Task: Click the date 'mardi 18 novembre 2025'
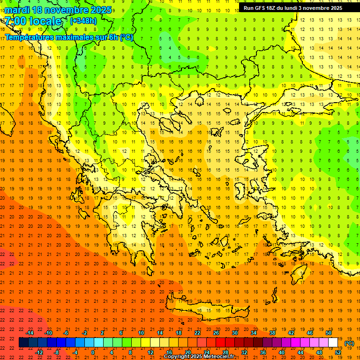tap(58, 10)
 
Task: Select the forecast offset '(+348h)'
tap(83, 21)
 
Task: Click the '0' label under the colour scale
tap(93, 352)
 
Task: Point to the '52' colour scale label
tap(338, 352)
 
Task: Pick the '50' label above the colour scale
tap(329, 333)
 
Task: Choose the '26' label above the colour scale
tap(216, 333)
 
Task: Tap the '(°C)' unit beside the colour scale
tap(349, 343)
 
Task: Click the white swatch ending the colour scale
tap(333, 343)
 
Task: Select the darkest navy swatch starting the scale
tap(23, 343)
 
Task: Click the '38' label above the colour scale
tap(272, 333)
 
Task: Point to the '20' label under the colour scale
tap(187, 352)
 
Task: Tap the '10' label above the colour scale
tap(141, 333)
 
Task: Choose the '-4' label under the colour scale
tap(75, 352)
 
